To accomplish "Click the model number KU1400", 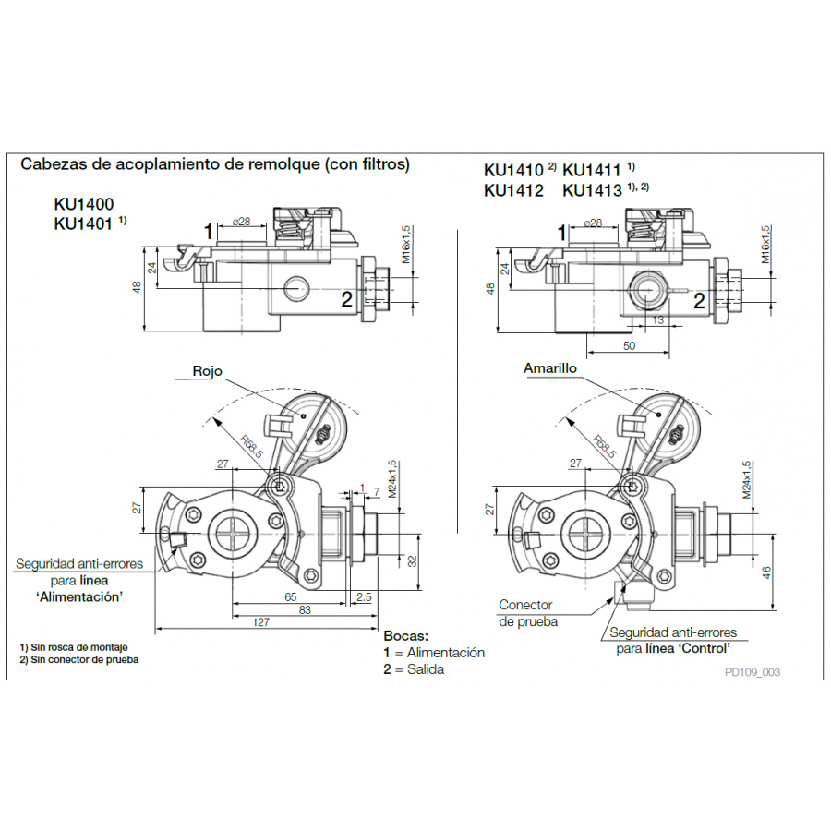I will (89, 205).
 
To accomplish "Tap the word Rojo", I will (207, 371).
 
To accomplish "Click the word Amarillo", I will (550, 367).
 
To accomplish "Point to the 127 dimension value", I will (262, 622).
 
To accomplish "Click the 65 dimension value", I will (290, 597).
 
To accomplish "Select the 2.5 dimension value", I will (363, 597).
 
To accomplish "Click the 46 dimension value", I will (765, 573).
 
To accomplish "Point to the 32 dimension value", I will (413, 560).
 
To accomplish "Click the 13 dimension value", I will (658, 319).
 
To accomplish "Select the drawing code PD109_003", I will (753, 672).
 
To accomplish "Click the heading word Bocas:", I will (406, 636).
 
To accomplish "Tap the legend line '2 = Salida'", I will (414, 668).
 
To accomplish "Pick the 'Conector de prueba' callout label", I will (528, 613).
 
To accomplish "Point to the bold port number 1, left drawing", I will (211, 230).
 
